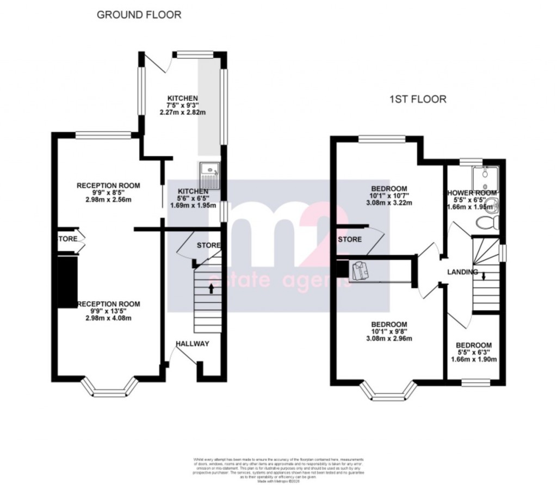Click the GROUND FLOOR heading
[x=139, y=15]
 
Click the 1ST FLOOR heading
[x=417, y=100]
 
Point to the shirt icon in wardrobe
[x=360, y=270]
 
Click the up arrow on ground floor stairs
[x=211, y=288]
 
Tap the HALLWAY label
[x=192, y=343]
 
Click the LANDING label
[x=462, y=272]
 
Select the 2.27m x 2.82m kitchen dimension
[x=182, y=113]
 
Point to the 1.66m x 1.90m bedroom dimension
[x=474, y=359]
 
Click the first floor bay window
[x=389, y=390]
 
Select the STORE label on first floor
[x=350, y=239]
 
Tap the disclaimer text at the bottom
[x=278, y=469]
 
